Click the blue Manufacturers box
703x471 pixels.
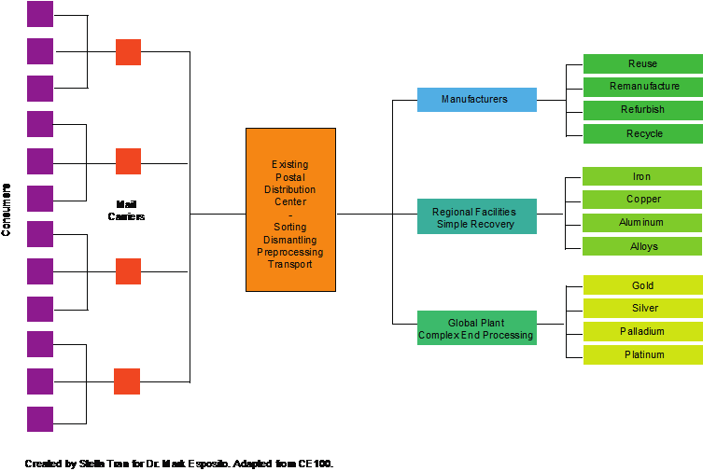(476, 100)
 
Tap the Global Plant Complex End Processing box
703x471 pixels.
(476, 328)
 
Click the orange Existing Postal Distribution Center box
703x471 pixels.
(290, 210)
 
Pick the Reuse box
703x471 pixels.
(642, 63)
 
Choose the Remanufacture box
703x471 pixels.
(642, 87)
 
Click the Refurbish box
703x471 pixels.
(642, 110)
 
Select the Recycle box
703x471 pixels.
(642, 133)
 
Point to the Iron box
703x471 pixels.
(642, 176)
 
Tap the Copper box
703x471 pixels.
(642, 200)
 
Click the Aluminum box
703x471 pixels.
(642, 223)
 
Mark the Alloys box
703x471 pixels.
(642, 246)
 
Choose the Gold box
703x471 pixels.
(642, 285)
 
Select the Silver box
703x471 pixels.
(642, 309)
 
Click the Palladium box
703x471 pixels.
(642, 331)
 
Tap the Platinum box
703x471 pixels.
(642, 354)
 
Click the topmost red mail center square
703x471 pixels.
(128, 52)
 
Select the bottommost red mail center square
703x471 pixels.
(127, 381)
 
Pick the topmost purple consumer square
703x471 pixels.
(40, 14)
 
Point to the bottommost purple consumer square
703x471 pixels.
(40, 419)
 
